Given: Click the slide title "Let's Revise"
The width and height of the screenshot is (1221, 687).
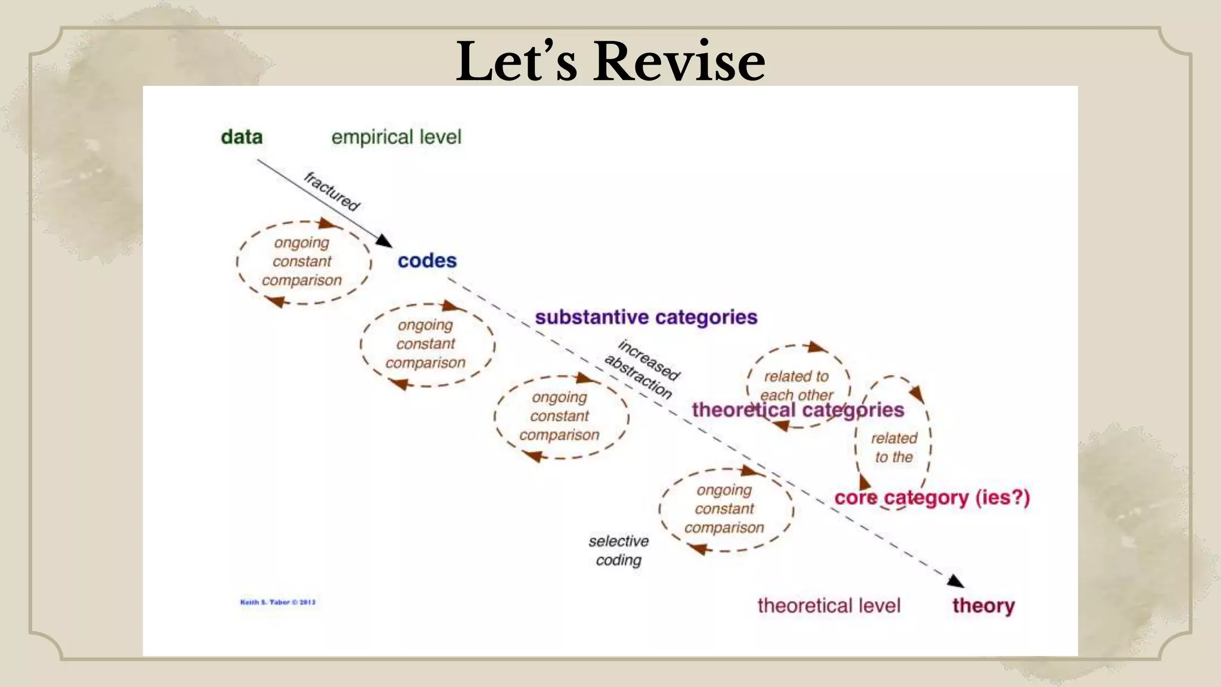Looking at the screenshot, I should [610, 61].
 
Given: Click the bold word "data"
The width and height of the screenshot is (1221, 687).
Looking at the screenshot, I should [241, 137].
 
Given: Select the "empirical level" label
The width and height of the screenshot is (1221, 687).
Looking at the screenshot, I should [396, 137].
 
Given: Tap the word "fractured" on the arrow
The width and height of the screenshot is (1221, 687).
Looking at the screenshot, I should [332, 191].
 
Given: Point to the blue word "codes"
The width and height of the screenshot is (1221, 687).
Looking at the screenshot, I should [427, 261].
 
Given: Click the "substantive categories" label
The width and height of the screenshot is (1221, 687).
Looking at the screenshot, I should [646, 317].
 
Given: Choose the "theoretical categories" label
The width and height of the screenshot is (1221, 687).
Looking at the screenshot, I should [798, 410].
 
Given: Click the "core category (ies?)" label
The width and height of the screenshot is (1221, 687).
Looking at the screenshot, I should [932, 497].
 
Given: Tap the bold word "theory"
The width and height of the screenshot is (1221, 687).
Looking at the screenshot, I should [983, 605].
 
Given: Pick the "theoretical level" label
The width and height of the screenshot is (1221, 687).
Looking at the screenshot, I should [829, 605].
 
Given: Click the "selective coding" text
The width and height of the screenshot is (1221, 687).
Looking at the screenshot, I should [618, 550].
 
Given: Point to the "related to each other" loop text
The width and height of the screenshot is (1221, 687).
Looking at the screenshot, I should [797, 385].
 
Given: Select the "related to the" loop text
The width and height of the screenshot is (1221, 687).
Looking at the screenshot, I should [894, 447].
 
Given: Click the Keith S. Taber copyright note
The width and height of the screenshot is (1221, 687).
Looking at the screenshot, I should [278, 602].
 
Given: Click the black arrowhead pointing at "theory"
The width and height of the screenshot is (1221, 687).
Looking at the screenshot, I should [956, 581].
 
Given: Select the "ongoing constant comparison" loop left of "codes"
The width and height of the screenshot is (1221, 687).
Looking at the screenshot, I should [302, 262].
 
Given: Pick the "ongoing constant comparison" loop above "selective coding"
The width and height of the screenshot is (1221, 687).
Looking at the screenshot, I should [724, 509].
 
